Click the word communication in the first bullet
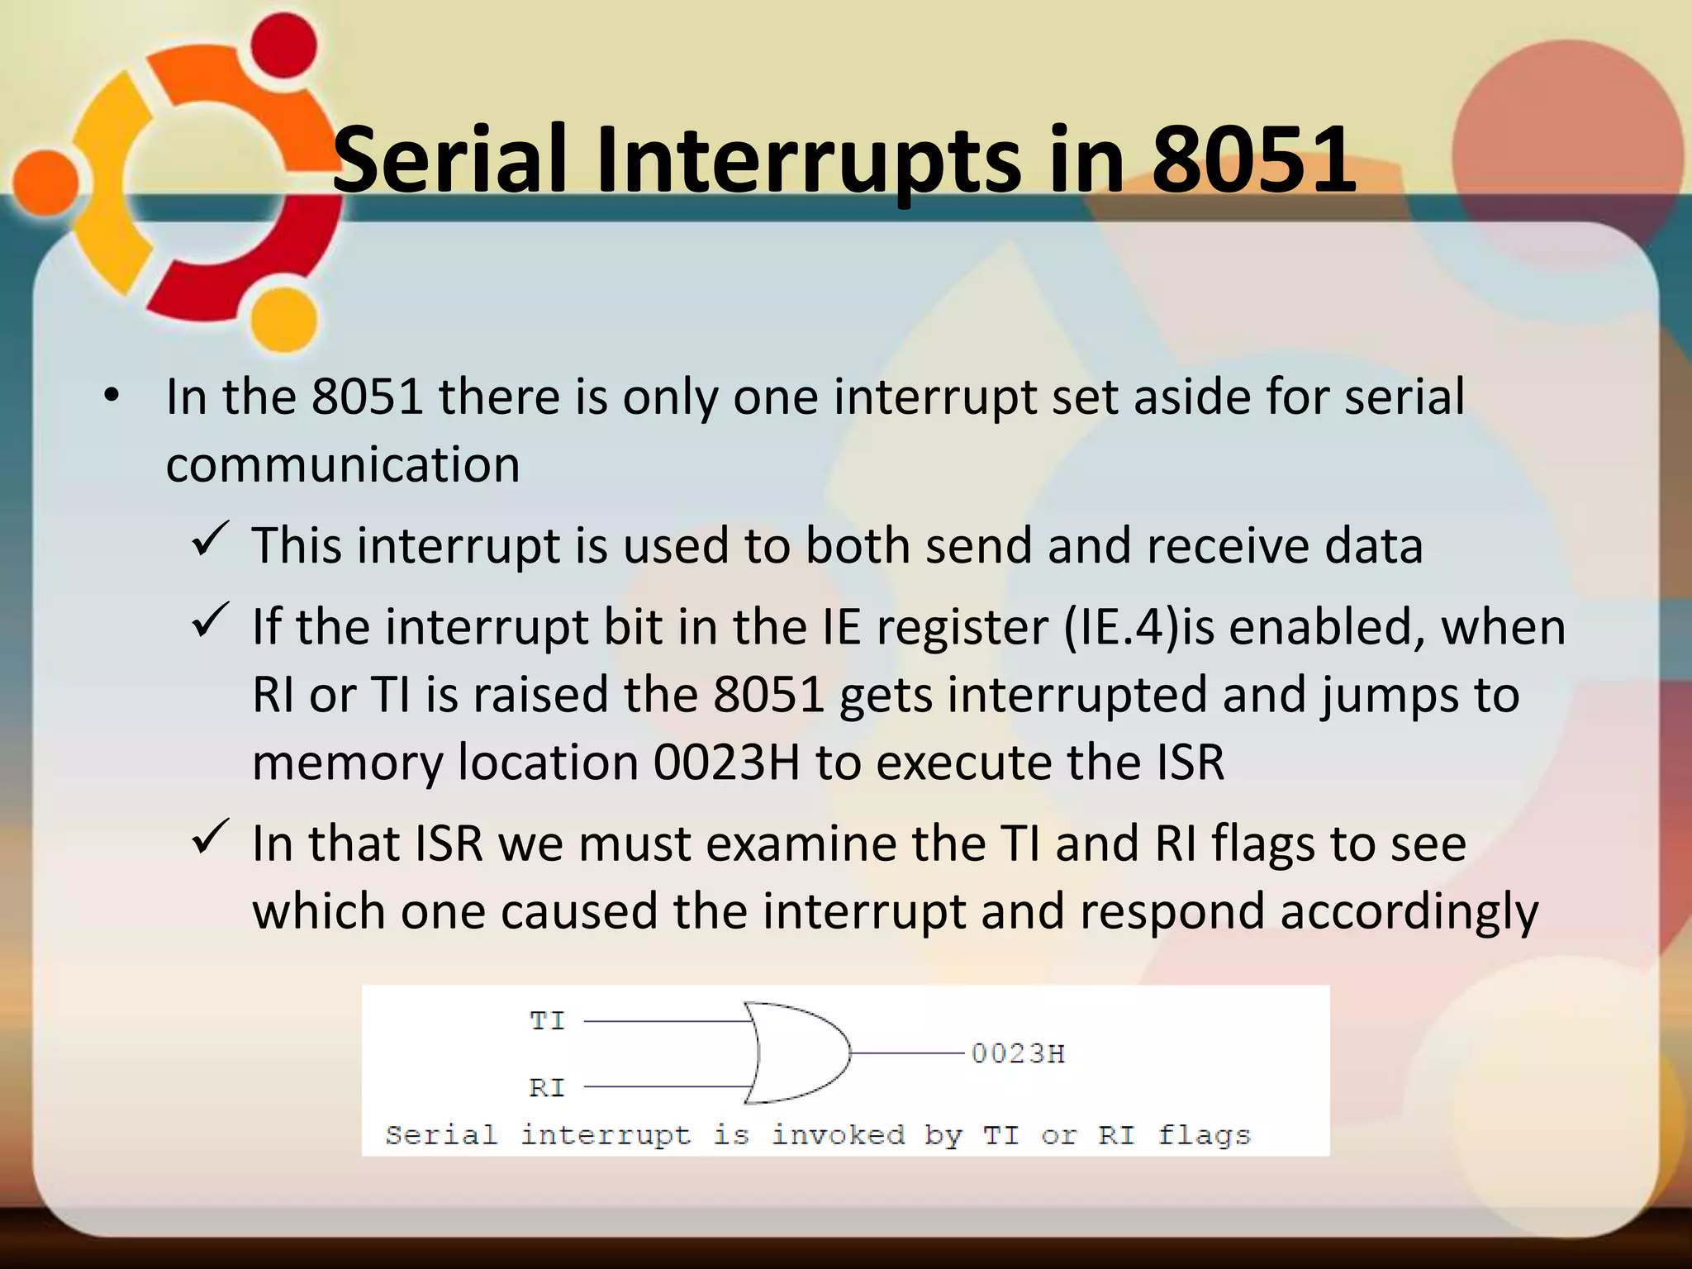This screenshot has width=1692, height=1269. (343, 464)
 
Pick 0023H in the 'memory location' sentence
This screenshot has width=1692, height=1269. (727, 762)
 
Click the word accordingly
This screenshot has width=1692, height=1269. (1409, 912)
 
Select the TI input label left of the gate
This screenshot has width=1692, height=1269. (547, 1021)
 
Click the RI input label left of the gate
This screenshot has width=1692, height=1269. (547, 1087)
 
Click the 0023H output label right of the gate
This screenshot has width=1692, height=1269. (1018, 1053)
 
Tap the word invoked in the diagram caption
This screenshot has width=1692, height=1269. (838, 1135)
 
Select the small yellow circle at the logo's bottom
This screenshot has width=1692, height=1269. (283, 320)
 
